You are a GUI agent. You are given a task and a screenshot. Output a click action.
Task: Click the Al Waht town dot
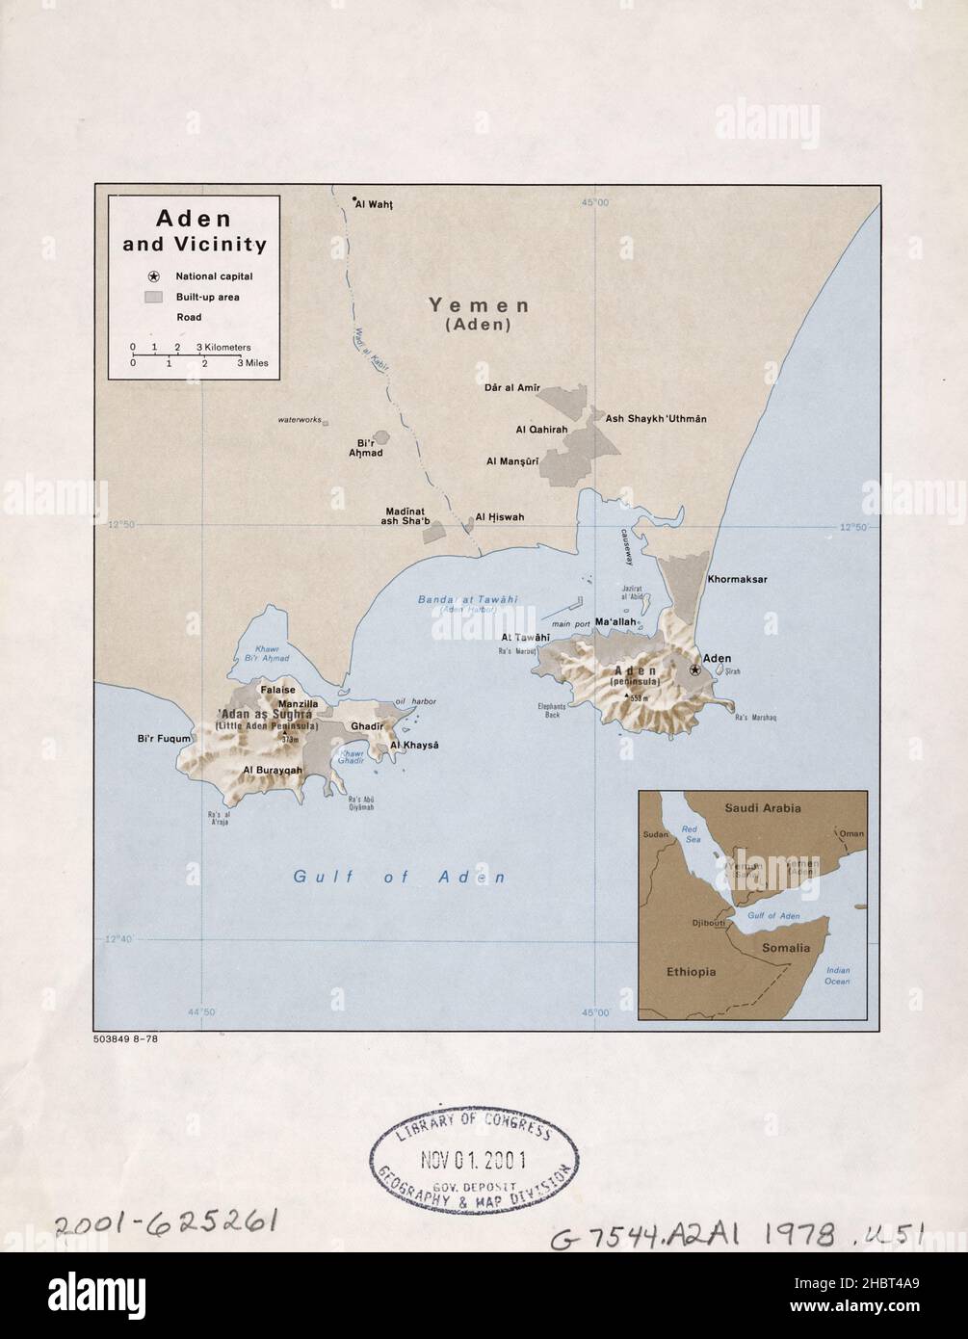pyautogui.click(x=353, y=200)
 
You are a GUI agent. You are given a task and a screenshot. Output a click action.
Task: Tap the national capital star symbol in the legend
pyautogui.click(x=152, y=276)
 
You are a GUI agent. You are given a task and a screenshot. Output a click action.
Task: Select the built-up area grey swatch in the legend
pyautogui.click(x=152, y=297)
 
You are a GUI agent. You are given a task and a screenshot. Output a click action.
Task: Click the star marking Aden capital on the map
pyautogui.click(x=695, y=669)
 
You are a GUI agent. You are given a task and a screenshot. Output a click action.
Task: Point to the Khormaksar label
pyautogui.click(x=737, y=580)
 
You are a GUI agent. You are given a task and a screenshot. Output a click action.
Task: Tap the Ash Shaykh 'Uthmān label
pyautogui.click(x=656, y=418)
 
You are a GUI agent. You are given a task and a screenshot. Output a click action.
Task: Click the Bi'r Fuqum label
pyautogui.click(x=166, y=739)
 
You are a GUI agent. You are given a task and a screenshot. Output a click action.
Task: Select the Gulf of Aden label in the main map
pyautogui.click(x=400, y=877)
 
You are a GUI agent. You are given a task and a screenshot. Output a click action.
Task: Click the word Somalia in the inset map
pyautogui.click(x=787, y=948)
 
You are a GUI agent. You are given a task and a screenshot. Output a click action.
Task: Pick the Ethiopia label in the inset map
pyautogui.click(x=691, y=972)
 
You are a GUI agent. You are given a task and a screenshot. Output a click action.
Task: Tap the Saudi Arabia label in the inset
pyautogui.click(x=763, y=808)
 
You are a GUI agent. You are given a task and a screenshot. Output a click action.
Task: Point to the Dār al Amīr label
pyautogui.click(x=511, y=388)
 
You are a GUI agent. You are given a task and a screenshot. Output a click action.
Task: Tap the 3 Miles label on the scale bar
pyautogui.click(x=254, y=364)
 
